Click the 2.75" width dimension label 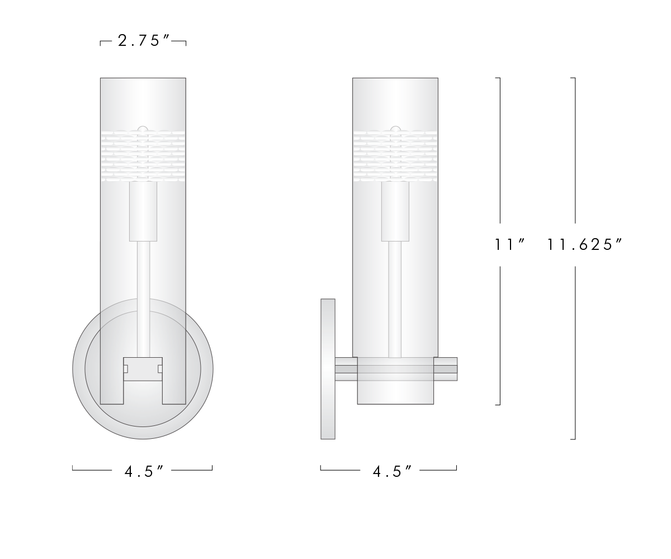[x=143, y=42]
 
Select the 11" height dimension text [x=509, y=245]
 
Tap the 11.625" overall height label [x=585, y=245]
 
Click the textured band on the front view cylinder [x=143, y=157]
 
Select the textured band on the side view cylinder [x=395, y=157]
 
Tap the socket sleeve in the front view [x=143, y=211]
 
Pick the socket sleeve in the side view [x=395, y=211]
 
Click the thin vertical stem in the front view [x=143, y=296]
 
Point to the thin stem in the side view [x=395, y=296]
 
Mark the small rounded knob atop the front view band [x=143, y=129]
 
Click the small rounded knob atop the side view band [x=395, y=129]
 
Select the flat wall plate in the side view [x=328, y=369]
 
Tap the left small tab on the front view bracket [x=126, y=368]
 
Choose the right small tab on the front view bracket [x=160, y=368]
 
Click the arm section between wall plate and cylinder [x=346, y=369]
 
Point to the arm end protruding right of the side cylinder [x=446, y=369]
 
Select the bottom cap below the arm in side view [x=395, y=392]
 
